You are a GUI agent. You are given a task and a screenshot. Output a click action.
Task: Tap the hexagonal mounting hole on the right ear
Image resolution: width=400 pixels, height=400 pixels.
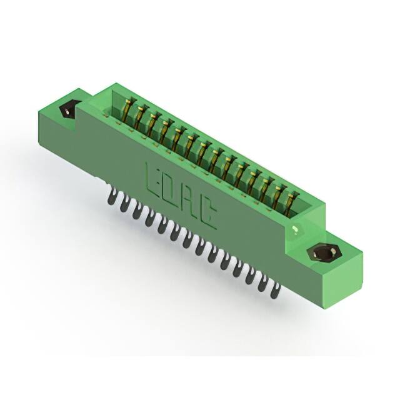[x=324, y=253]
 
